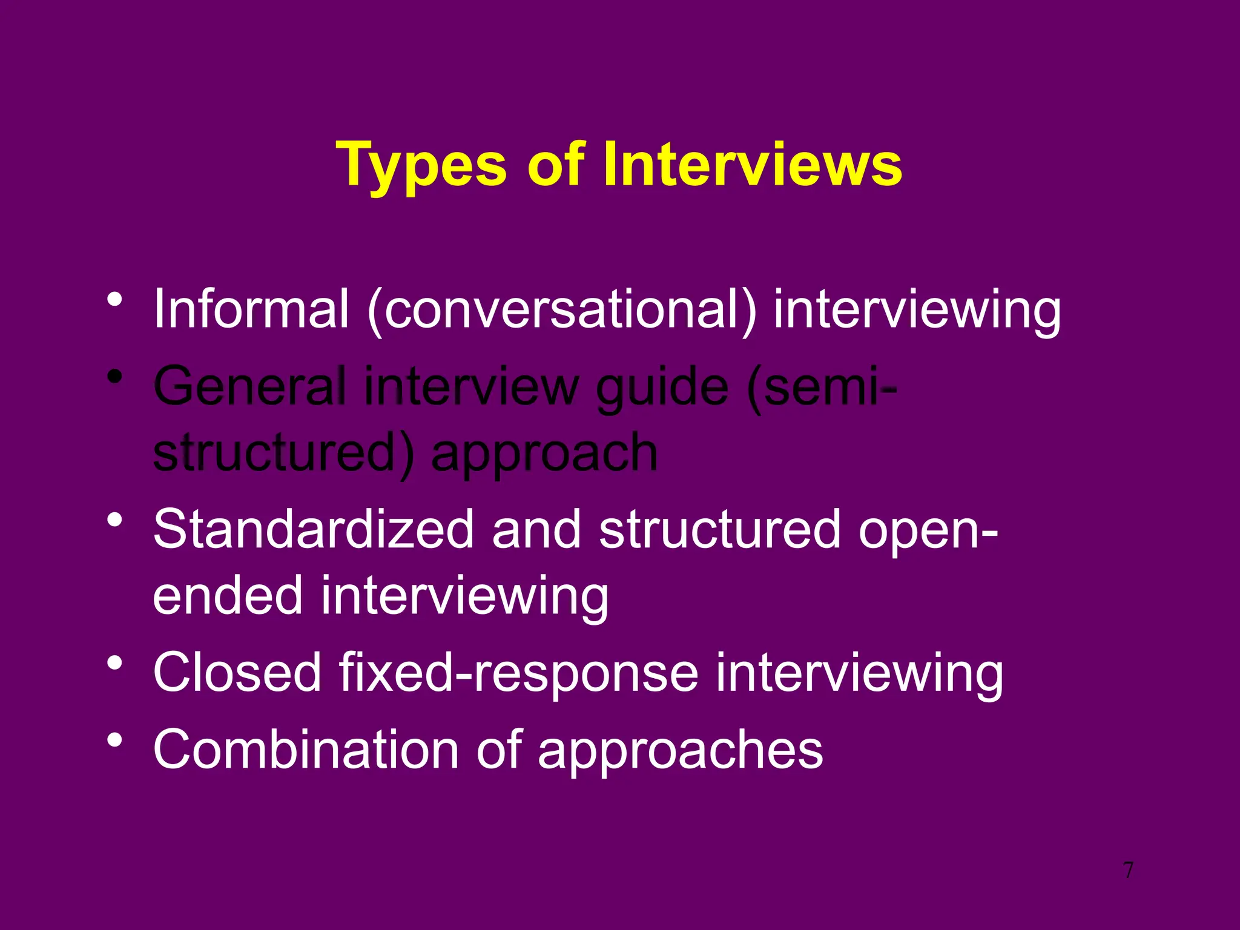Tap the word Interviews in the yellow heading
coord(752,164)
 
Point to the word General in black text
coord(250,386)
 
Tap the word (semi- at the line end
coord(822,386)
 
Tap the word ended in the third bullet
coord(228,595)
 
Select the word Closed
coord(237,672)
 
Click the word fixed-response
coord(518,673)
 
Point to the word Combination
coord(306,749)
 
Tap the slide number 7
coord(1128,870)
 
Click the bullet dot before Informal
coord(115,299)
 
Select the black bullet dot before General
coord(115,377)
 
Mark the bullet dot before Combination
coord(115,739)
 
